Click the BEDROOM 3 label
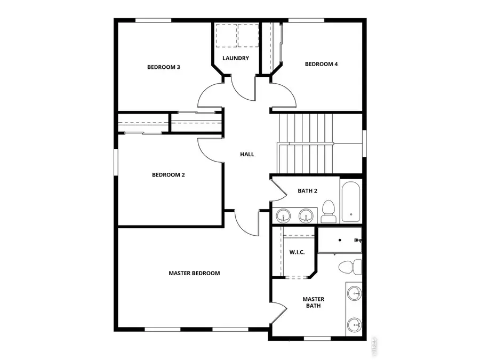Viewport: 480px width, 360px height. click(163, 67)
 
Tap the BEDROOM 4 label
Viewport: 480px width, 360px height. click(321, 64)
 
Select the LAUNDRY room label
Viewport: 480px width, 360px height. click(236, 58)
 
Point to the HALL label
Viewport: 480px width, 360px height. click(247, 154)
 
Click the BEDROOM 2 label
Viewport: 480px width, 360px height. click(168, 174)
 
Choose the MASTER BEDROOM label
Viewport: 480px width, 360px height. click(194, 273)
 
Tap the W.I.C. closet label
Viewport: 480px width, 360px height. click(297, 252)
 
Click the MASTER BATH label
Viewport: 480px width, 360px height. click(313, 302)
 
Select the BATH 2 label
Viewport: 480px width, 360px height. click(307, 190)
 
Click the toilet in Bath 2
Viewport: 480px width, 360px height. click(328, 211)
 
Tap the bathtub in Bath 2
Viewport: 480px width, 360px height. click(351, 202)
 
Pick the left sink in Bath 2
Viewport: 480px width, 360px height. click(284, 215)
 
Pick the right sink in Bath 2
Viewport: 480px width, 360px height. click(306, 215)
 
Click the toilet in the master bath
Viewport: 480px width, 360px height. click(349, 266)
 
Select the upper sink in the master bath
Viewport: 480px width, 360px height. click(355, 293)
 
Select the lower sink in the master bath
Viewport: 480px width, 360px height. click(355, 323)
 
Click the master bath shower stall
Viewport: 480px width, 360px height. click(340, 240)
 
